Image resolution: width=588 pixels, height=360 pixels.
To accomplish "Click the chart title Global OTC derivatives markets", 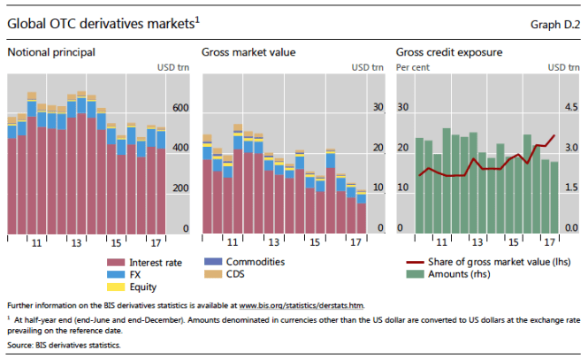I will click(x=100, y=24).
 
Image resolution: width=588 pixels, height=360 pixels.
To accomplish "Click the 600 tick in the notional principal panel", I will click(x=180, y=108).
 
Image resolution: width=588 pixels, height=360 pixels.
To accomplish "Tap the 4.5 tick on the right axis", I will click(x=572, y=108).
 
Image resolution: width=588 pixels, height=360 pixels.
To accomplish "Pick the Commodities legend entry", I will click(x=255, y=263).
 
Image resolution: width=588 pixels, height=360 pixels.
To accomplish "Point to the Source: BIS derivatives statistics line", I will click(x=64, y=344).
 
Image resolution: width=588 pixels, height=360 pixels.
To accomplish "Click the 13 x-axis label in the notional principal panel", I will click(x=76, y=241).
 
